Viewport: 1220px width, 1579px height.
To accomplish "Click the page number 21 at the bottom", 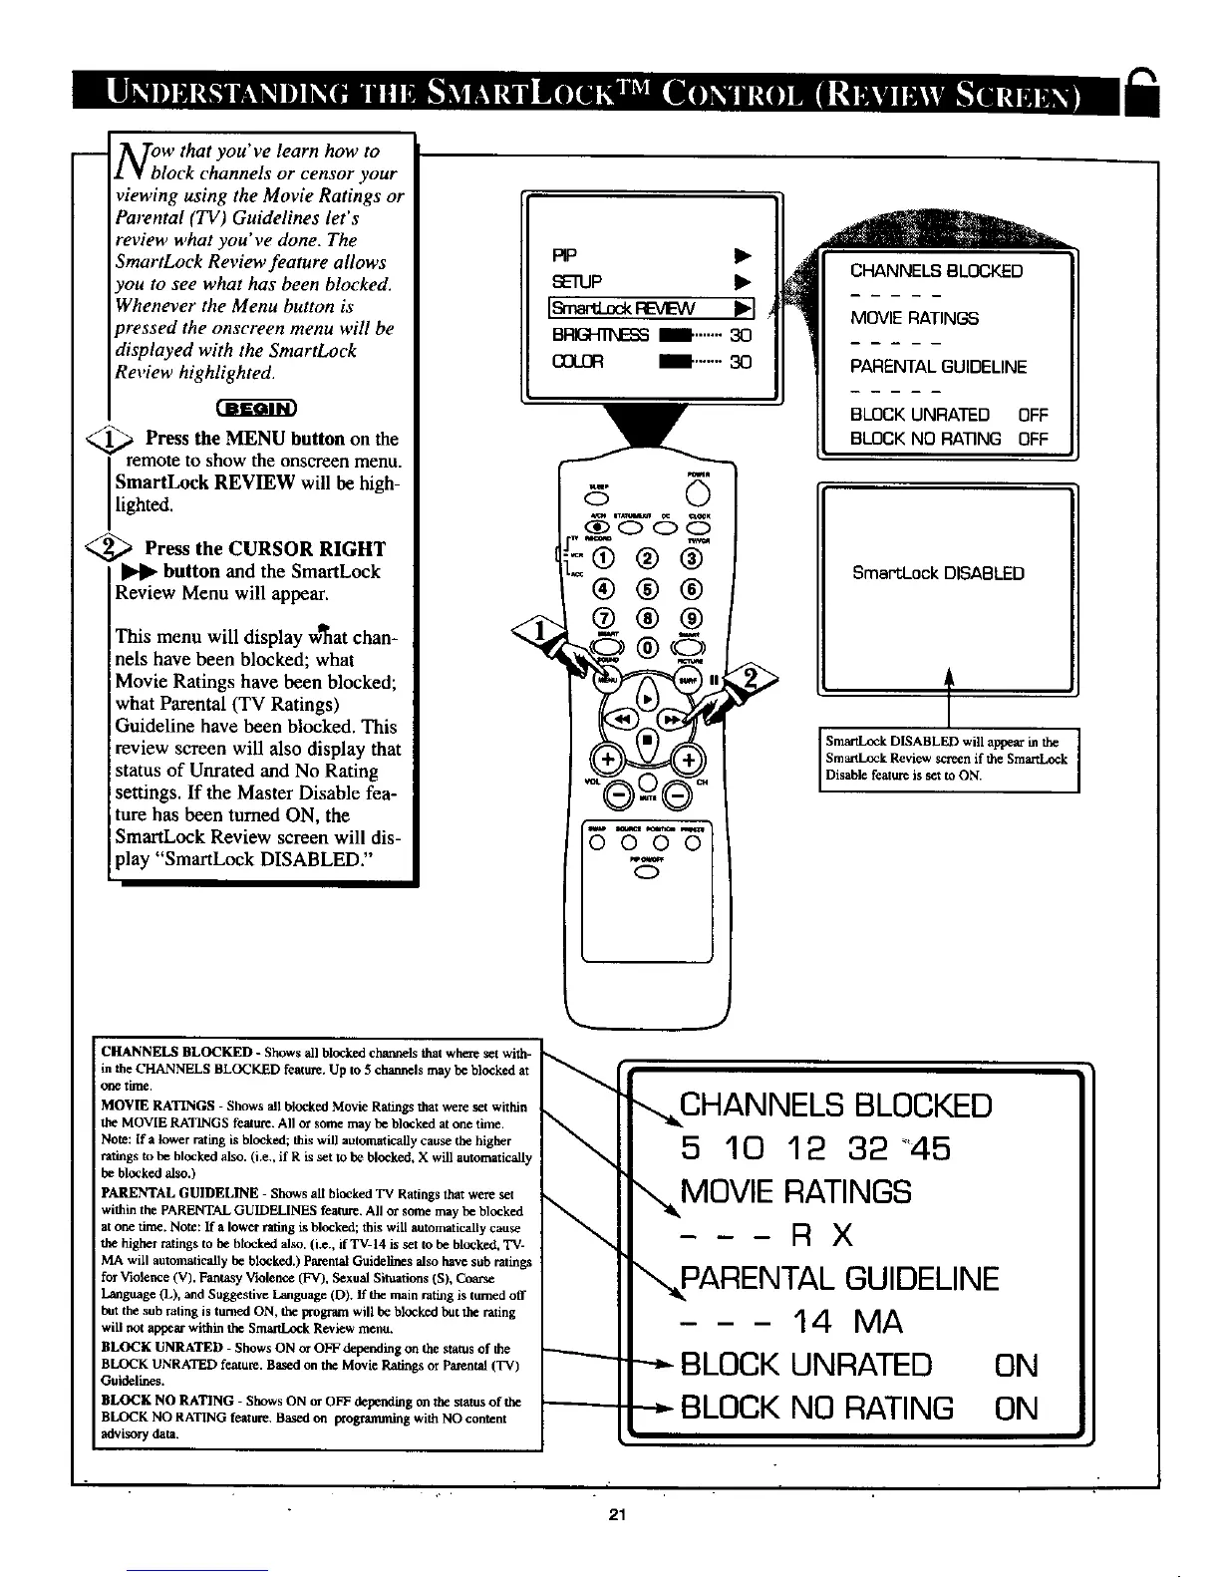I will click(x=615, y=1516).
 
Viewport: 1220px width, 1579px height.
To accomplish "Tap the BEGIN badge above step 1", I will click(x=255, y=407).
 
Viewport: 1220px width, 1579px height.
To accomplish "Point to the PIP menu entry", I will click(x=564, y=252).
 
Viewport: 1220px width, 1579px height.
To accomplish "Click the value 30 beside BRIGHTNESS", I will click(x=740, y=335).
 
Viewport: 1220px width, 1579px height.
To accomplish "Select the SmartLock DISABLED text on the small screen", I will click(x=938, y=573).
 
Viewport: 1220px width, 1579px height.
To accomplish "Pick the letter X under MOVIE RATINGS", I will click(x=842, y=1236).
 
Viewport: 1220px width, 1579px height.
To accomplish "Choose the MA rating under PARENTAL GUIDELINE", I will click(x=878, y=1323).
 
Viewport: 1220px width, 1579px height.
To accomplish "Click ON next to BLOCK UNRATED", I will click(x=1016, y=1365).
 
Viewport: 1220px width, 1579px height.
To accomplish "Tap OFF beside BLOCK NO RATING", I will click(x=1034, y=439).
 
